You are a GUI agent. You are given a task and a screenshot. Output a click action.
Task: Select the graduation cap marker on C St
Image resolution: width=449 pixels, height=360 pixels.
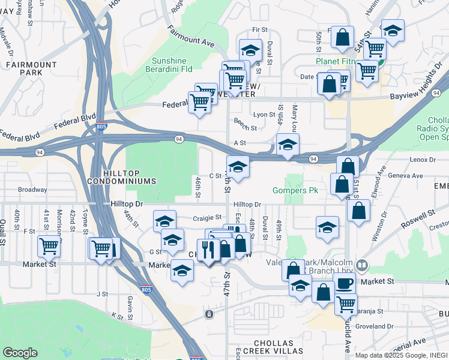238,166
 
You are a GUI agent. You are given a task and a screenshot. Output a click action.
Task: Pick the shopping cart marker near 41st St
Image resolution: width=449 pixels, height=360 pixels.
49,245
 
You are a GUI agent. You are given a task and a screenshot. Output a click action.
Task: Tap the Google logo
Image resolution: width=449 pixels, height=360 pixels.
20,352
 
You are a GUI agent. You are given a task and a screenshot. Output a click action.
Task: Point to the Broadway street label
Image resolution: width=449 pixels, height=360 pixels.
32,190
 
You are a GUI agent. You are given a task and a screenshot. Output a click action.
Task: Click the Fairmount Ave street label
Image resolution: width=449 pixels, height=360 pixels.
191,37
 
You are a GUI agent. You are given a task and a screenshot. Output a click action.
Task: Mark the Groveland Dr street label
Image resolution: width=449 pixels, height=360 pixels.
374,326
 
